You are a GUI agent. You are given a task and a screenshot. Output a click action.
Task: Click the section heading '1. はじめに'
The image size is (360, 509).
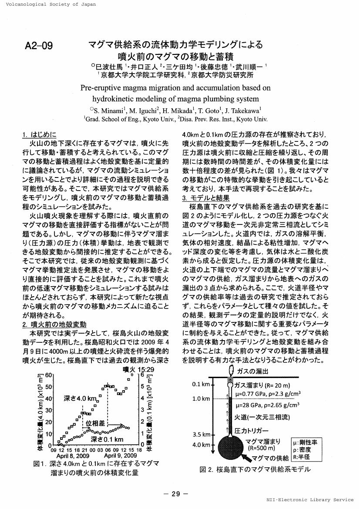39,134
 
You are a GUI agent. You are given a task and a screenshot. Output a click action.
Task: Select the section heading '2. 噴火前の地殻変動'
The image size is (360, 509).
54,324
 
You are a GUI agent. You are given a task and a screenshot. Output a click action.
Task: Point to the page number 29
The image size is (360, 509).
175,493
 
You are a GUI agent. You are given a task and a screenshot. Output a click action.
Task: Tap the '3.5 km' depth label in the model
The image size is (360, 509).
202,434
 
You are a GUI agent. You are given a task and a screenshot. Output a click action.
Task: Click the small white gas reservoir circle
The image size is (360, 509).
230,385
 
